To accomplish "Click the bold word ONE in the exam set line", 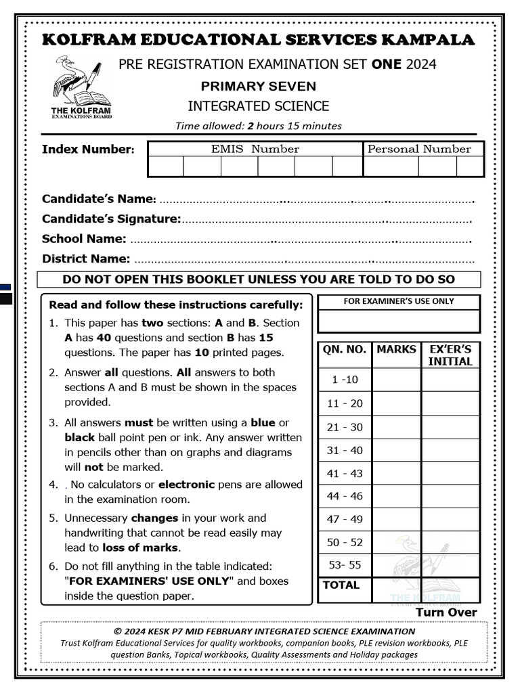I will (385, 64).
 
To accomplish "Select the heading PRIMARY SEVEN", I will (258, 86).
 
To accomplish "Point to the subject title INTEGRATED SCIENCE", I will (258, 106).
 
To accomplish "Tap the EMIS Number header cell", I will (255, 149).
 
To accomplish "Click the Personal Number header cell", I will (418, 149).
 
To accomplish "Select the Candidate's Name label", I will (99, 199).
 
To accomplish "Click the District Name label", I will (86, 259).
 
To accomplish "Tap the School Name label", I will (84, 239).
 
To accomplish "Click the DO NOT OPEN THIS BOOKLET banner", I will (259, 280).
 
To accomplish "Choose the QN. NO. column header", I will (345, 350).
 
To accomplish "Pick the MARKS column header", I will (396, 350).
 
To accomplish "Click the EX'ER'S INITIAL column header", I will (450, 355).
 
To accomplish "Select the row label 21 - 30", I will (345, 427).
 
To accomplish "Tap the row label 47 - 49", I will (345, 519).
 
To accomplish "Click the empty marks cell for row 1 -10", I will (396, 380).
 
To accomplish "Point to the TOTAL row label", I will (341, 585).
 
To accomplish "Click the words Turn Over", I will (446, 612).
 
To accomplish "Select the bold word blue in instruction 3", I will (263, 423).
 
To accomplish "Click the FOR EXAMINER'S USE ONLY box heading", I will (399, 301).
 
